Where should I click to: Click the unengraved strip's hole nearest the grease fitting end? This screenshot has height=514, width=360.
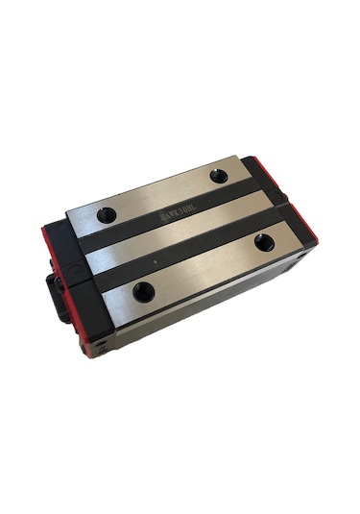point(144,291)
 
